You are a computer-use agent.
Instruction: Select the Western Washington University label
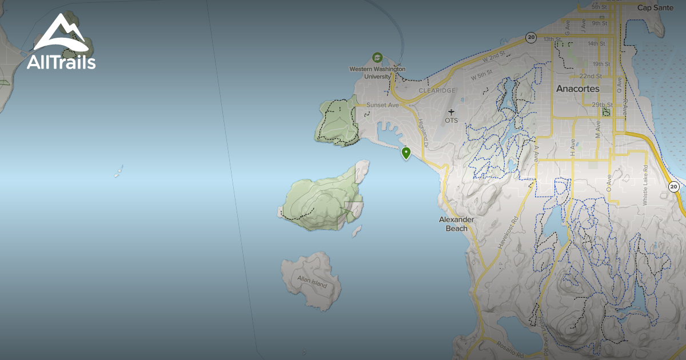pos(377,73)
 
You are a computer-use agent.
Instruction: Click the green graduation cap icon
pos(377,57)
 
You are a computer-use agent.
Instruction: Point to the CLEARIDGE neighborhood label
pos(437,90)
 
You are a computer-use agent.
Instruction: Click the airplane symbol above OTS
pos(452,112)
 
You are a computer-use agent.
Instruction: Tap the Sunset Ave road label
pos(383,105)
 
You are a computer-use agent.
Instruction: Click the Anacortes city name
pos(577,89)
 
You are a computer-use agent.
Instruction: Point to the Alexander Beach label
pos(457,224)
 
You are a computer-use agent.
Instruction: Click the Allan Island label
pos(312,282)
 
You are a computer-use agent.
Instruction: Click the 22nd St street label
pos(591,76)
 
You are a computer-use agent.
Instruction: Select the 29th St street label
pos(602,105)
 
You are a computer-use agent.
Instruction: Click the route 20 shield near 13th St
pos(531,38)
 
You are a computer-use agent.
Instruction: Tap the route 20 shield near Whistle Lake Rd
pos(674,187)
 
